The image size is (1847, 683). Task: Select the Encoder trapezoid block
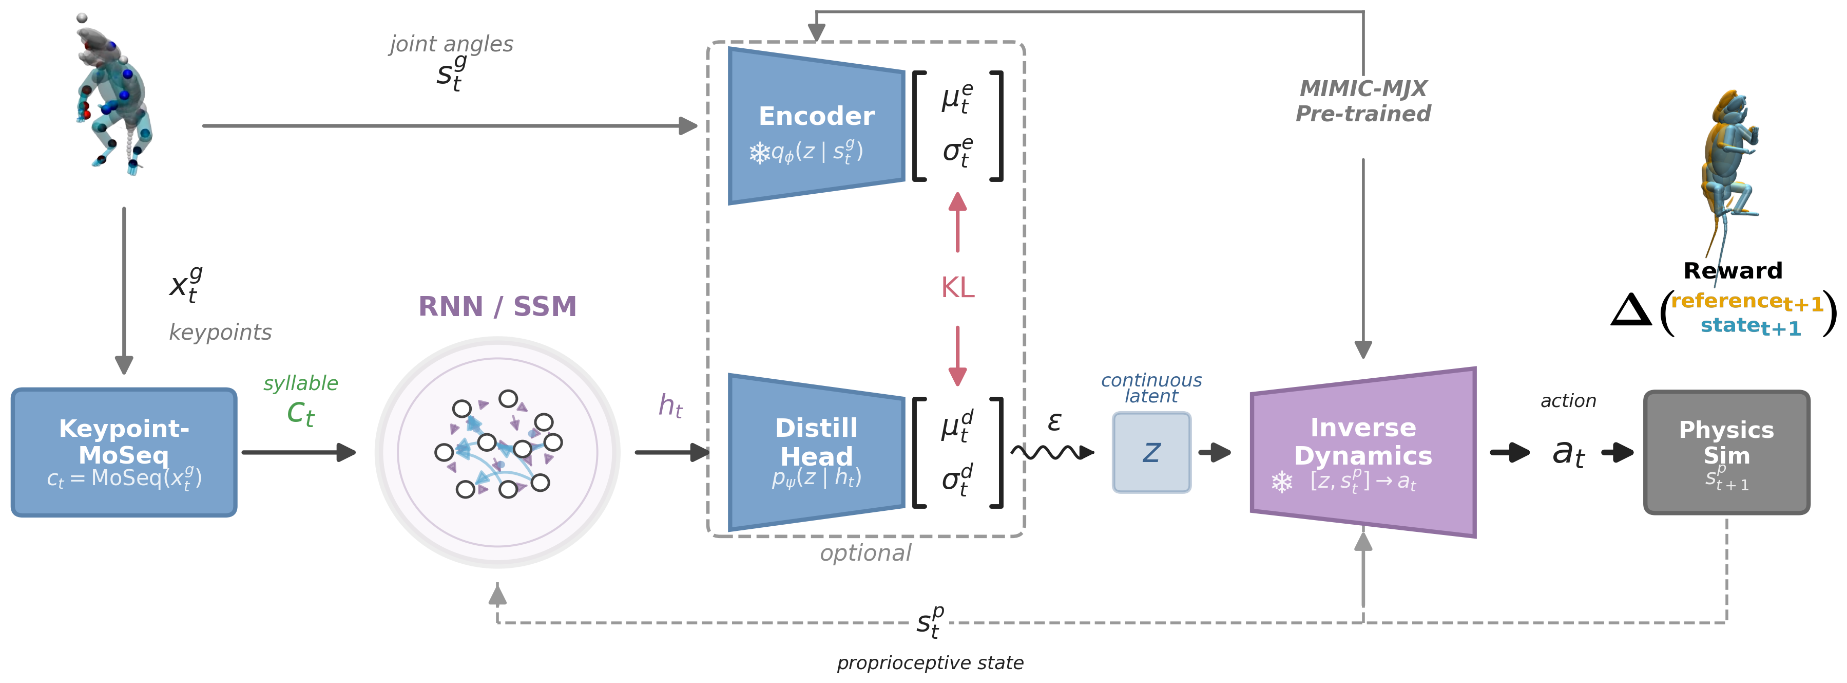[x=816, y=125]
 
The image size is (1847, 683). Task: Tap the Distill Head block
[x=816, y=452]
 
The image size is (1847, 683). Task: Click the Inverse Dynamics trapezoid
[x=1362, y=452]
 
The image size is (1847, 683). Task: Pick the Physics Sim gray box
[x=1726, y=452]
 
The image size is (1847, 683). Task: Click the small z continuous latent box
[x=1151, y=452]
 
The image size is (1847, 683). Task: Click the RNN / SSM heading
[x=497, y=306]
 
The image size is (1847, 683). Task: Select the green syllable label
[x=300, y=383]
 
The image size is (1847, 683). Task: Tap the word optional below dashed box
[x=865, y=553]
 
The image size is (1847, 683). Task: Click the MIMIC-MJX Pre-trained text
[x=1362, y=100]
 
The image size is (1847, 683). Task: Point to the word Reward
[x=1733, y=270]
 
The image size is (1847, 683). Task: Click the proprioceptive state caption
[x=930, y=662]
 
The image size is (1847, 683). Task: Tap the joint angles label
[x=451, y=44]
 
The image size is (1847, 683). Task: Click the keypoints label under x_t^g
[x=220, y=332]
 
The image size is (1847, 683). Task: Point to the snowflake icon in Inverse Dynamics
[x=1282, y=482]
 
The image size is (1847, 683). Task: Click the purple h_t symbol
[x=670, y=406]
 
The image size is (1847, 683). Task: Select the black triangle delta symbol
[x=1630, y=310]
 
